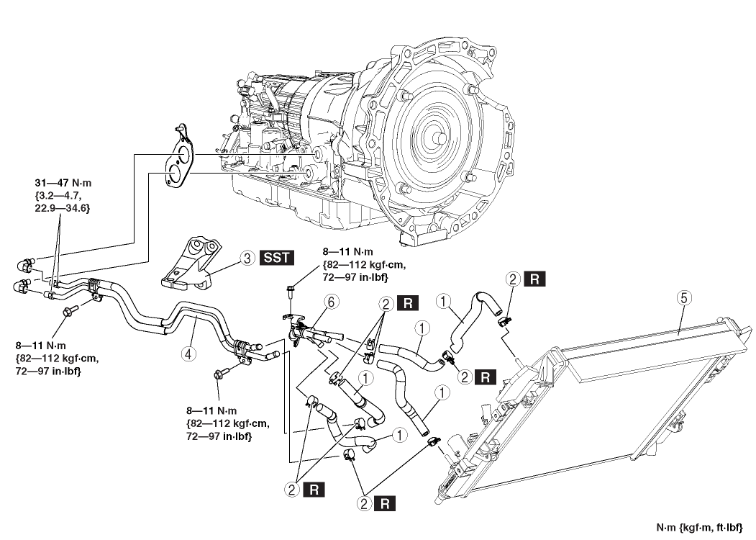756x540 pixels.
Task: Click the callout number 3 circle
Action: (245, 257)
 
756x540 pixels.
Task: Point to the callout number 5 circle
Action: (680, 297)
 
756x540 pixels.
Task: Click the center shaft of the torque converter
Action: (437, 135)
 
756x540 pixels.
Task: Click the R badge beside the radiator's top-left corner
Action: (534, 277)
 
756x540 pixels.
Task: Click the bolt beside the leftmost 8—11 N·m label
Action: (70, 311)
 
